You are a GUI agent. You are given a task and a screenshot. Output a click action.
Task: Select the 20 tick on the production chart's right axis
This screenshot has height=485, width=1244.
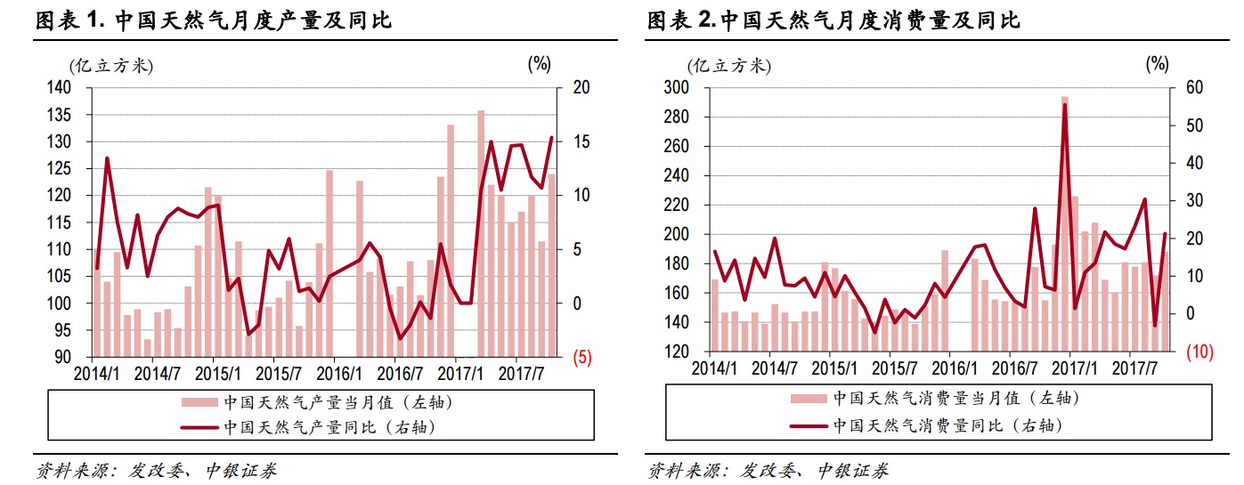coord(581,88)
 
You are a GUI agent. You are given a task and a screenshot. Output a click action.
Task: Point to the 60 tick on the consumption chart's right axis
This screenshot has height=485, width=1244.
coord(1195,87)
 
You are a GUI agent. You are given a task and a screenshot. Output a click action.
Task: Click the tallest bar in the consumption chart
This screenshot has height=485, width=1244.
coord(1064,222)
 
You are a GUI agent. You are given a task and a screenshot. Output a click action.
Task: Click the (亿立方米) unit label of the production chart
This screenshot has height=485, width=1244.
coord(110,65)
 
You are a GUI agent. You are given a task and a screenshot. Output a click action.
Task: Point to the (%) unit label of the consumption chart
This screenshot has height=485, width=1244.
coord(1157,63)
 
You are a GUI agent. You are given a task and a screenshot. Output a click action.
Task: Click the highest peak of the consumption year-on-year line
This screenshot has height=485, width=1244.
coord(1064,105)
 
